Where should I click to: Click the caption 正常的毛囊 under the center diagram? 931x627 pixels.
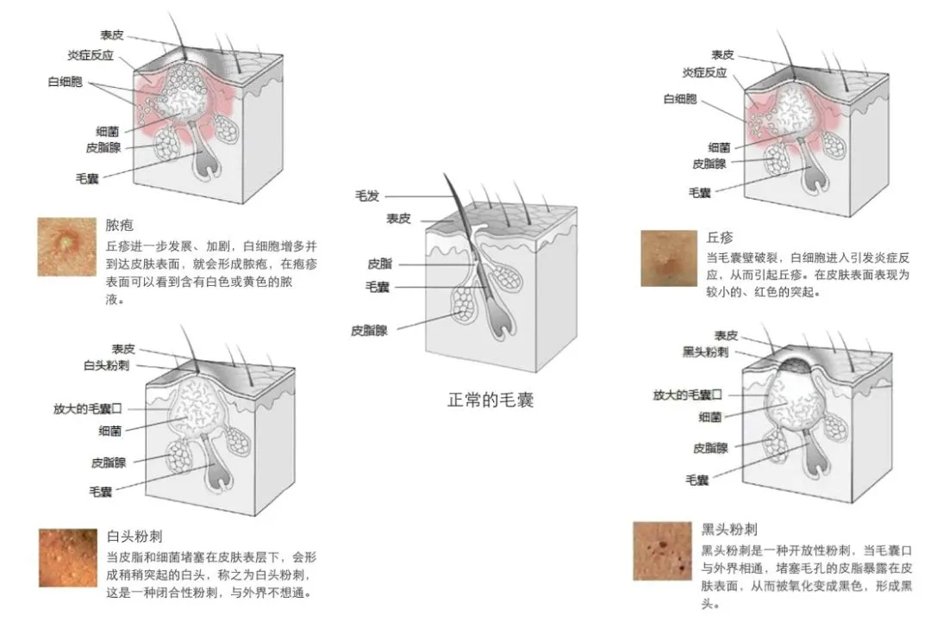coord(490,400)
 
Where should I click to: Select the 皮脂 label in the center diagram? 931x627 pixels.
coord(379,263)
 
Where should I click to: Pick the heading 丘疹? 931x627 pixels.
coord(720,238)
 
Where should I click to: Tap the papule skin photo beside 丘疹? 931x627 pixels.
coord(668,258)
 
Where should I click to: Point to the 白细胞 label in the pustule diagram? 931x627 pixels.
coord(65,82)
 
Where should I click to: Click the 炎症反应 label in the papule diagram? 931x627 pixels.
coord(704,72)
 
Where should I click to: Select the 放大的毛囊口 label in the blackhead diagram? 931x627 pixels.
coord(687,394)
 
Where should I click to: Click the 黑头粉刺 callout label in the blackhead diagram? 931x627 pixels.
coord(704,352)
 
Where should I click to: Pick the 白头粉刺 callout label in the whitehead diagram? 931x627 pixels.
coord(106,365)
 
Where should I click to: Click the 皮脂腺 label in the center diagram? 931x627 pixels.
coord(369,330)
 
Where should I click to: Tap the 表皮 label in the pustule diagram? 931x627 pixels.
coord(112,34)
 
